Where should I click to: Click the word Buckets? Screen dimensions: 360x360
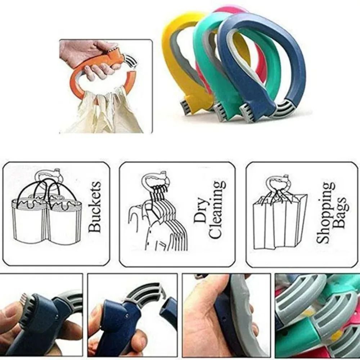(95, 207)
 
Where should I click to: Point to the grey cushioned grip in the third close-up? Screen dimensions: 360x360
(248, 317)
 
